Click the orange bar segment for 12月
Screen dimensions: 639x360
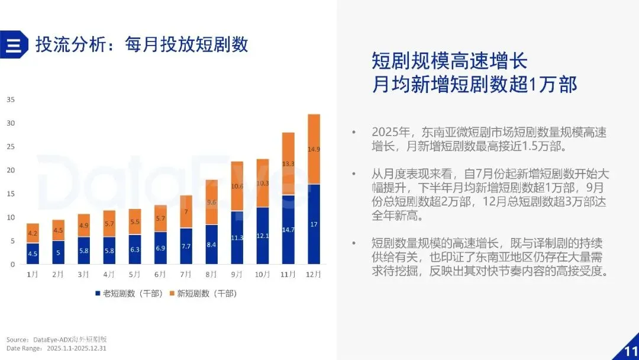314,149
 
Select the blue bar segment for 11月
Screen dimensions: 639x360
288,230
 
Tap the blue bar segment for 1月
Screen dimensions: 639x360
33,253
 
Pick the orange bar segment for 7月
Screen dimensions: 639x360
186,211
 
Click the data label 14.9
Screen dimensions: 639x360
314,149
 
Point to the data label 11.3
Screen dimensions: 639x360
237,237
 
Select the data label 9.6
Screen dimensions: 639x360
211,202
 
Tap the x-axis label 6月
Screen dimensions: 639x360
160,274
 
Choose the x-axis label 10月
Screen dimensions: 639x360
263,274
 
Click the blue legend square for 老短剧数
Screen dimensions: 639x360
98,294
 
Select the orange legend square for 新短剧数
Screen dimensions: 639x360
172,294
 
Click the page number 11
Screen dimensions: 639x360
631,352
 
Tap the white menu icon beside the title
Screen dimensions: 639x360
14,45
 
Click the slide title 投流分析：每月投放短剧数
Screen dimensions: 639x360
142,44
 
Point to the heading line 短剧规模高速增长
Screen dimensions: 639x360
450,62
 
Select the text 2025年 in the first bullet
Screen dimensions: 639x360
391,133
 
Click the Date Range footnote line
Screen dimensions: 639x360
56,349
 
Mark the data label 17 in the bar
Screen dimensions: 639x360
314,224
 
